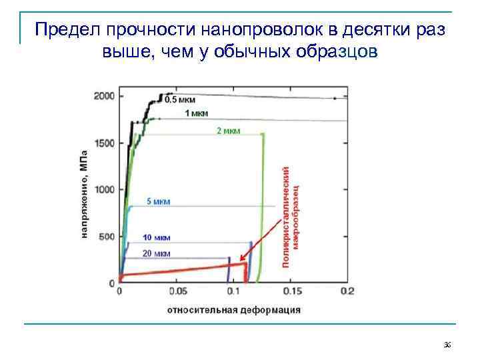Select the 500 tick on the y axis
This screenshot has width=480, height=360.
tap(107, 237)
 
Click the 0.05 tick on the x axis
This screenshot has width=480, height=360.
tap(177, 291)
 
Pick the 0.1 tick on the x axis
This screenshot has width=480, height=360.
tap(234, 291)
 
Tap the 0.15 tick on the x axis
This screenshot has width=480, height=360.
tap(291, 291)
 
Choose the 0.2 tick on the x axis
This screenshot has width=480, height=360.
tap(347, 291)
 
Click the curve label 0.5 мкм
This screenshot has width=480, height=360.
tap(180, 100)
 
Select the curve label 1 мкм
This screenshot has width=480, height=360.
tap(196, 113)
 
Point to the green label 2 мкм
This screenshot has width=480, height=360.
tap(228, 130)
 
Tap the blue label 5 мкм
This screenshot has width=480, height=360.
tap(158, 201)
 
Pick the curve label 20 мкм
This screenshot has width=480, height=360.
tap(157, 253)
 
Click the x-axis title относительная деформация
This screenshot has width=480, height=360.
tap(233, 309)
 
